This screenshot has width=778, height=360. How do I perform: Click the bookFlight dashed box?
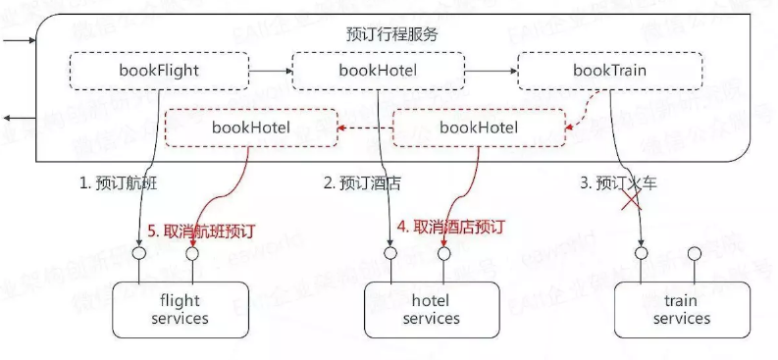(x=159, y=71)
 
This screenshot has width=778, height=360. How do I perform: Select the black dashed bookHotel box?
(x=378, y=71)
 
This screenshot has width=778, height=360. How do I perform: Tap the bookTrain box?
(x=609, y=71)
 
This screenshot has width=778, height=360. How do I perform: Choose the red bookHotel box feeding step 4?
(x=479, y=127)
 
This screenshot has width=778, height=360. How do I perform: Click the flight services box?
(x=181, y=310)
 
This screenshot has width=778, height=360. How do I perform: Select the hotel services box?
(x=431, y=310)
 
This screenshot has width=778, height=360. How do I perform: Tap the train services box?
(x=681, y=310)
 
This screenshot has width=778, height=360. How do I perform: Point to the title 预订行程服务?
(x=392, y=33)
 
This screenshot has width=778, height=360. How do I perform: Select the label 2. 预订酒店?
(x=362, y=182)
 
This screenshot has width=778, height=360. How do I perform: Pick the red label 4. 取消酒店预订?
(x=450, y=227)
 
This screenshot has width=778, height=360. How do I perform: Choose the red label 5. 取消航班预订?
(x=201, y=231)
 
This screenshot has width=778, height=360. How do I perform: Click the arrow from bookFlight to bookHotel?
(x=271, y=71)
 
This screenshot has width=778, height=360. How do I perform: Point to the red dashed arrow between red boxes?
(x=364, y=128)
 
